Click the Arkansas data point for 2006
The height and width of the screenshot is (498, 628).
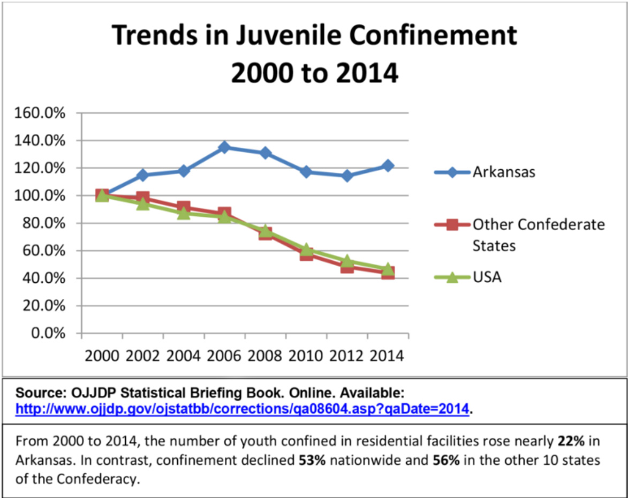click(x=224, y=147)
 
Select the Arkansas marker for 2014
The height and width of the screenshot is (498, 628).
click(x=388, y=165)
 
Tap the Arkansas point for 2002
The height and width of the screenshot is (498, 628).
click(x=142, y=175)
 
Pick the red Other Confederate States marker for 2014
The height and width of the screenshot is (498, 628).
click(x=388, y=273)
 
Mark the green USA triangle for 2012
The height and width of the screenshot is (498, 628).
click(x=347, y=261)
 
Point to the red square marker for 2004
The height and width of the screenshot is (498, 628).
click(x=184, y=207)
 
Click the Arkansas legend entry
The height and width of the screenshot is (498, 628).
click(x=503, y=172)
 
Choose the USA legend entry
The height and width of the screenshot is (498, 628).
click(x=486, y=277)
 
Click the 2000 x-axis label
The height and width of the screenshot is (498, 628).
click(x=101, y=356)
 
